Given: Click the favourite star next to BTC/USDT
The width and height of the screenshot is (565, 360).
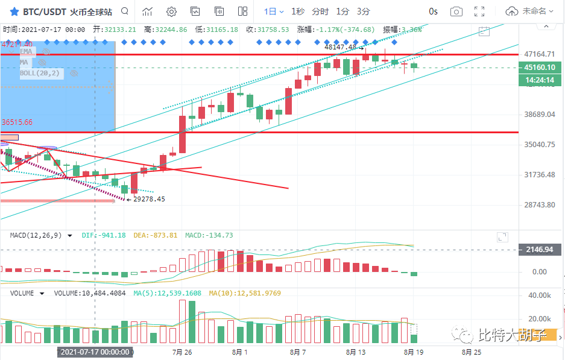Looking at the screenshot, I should [x=13, y=11].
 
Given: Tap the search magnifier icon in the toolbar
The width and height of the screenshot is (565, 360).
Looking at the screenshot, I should [x=124, y=11].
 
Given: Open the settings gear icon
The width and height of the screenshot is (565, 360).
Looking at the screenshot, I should [x=171, y=11].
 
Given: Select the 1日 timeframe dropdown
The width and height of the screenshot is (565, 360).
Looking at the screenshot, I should [x=273, y=11].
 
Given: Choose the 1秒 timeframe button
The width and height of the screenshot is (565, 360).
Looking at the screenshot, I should [x=298, y=11].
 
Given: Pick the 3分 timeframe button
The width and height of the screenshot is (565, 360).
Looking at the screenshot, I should [x=364, y=11].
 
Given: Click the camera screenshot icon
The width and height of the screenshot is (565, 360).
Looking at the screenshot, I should [x=457, y=11].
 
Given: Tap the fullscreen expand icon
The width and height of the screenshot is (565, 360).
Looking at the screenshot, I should [x=480, y=11].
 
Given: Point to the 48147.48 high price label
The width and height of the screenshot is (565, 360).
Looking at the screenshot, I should [x=340, y=46].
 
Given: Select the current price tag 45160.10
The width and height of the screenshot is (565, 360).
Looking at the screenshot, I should [x=540, y=68].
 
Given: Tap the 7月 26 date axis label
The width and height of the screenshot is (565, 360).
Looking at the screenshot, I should [x=181, y=352].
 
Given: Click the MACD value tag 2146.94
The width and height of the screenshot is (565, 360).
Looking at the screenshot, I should [x=540, y=249].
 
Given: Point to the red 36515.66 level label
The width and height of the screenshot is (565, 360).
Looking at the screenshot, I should [x=17, y=122].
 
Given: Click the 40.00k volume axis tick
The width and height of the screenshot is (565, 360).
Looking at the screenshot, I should [x=540, y=296].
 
